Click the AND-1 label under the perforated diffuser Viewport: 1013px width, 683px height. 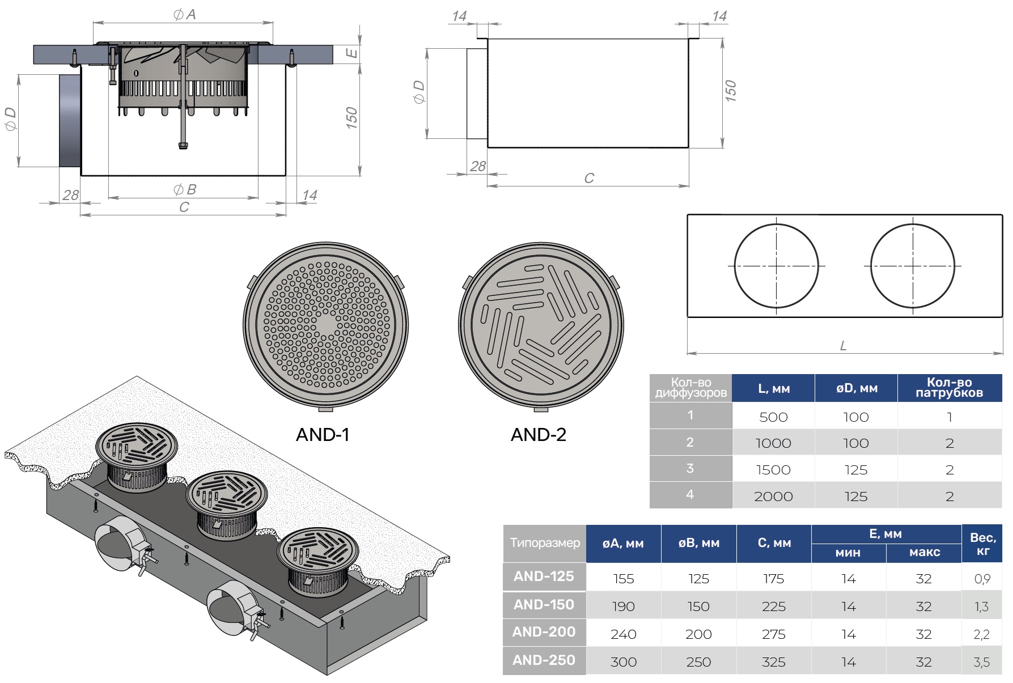pos(323,435)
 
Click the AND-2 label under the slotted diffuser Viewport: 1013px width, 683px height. pos(538,435)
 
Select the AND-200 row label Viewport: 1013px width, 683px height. pos(544,632)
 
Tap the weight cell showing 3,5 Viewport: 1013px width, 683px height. pos(982,662)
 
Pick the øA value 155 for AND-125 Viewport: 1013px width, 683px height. pos(623,579)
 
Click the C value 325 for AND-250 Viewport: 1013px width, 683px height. pos(773,662)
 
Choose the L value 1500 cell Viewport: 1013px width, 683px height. pos(773,470)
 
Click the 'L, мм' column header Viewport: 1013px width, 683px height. pos(773,389)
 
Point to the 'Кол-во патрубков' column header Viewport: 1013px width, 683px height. pos(950,388)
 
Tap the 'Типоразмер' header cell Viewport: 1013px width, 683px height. pos(545,543)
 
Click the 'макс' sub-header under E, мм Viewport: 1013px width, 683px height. pos(924,553)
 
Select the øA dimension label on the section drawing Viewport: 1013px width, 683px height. pos(185,15)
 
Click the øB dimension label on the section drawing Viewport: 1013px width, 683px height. pos(185,189)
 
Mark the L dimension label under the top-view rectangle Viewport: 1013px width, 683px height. pos(843,346)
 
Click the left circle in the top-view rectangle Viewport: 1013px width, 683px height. pos(776,266)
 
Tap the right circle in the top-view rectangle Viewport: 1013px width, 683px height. pos(913,266)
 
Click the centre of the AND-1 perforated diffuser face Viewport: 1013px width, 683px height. pos(325,325)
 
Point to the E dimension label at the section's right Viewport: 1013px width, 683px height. pos(352,53)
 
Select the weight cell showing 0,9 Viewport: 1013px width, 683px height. pos(982,579)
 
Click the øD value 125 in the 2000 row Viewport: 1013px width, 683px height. pos(856,497)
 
